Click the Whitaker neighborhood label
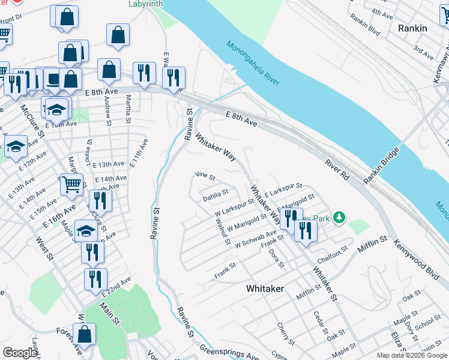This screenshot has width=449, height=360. (x=265, y=289)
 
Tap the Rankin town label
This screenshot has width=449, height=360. (x=412, y=28)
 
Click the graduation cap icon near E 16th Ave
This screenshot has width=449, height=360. (x=86, y=231)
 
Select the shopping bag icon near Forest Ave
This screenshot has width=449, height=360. (x=85, y=334)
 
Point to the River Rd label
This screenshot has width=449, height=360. (x=337, y=170)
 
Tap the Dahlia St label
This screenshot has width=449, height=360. (x=215, y=193)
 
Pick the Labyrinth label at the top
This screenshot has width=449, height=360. (x=145, y=4)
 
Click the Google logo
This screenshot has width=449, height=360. (x=20, y=353)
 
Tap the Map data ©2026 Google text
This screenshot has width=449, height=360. (x=412, y=355)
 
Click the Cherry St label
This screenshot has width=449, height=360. (x=284, y=334)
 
